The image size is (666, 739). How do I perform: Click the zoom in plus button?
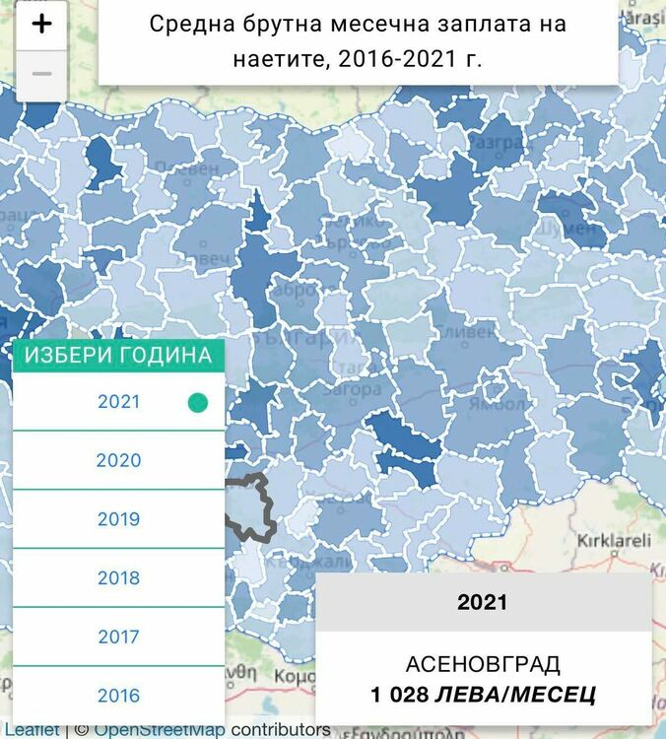(41, 26)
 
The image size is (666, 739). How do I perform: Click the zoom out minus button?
(41, 75)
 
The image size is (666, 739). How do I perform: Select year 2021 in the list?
(118, 402)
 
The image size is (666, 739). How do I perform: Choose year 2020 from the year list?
(118, 460)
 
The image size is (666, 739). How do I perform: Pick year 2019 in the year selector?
(118, 519)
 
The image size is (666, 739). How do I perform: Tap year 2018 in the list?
(118, 578)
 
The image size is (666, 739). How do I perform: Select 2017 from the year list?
(118, 638)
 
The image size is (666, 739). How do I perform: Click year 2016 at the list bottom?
(118, 696)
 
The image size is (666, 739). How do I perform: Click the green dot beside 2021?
(198, 402)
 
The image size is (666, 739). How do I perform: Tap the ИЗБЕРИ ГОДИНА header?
(118, 355)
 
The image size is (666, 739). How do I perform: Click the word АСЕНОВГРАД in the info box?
(483, 663)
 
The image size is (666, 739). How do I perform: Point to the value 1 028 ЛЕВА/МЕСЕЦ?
(483, 695)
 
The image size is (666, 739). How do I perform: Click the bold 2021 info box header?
(483, 602)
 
